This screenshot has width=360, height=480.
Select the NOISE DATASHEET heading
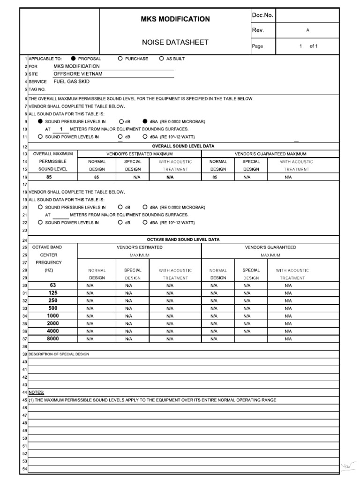coord(175,42)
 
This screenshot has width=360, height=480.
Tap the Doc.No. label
coord(262,15)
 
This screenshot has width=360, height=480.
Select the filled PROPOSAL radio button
coord(74,59)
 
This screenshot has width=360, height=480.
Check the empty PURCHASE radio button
coord(120,59)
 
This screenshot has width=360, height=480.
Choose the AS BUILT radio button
coord(162,59)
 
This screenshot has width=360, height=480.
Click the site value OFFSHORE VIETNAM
coord(78,74)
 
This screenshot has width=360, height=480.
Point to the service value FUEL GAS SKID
coord(71,81)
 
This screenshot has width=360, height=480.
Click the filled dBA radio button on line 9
coord(145,121)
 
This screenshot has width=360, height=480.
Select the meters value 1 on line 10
coord(61,129)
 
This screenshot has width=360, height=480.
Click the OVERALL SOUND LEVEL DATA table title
coord(180,146)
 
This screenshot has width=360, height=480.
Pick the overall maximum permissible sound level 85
coord(49,177)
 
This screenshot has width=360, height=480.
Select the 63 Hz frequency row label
coord(53,285)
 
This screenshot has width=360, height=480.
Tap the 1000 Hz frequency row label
coord(53,315)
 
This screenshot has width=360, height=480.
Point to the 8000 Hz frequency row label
coord(53,338)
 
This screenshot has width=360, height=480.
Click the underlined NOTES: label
coord(37,392)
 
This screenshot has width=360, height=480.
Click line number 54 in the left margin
coord(25,469)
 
